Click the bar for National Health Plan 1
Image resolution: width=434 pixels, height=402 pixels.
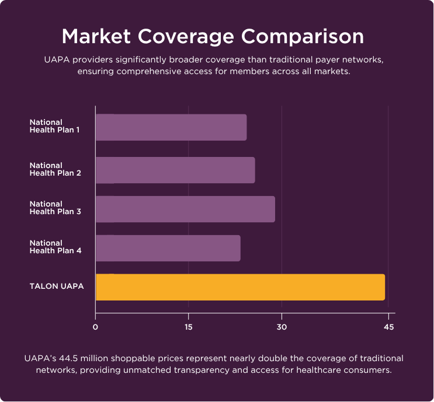click(x=171, y=127)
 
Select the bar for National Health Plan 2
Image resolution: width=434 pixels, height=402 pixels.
click(x=175, y=170)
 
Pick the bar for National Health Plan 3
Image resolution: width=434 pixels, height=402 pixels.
click(x=185, y=209)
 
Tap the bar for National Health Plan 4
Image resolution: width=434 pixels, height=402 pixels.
click(x=168, y=248)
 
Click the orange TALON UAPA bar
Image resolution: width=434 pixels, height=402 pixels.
click(x=240, y=287)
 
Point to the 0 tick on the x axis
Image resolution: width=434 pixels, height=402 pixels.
click(x=95, y=327)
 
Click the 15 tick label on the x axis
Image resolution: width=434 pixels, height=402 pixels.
click(x=188, y=327)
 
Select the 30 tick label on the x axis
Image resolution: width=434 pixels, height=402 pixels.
click(x=282, y=327)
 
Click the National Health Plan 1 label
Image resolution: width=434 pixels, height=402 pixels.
click(x=55, y=126)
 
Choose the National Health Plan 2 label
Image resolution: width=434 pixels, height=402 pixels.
click(x=55, y=169)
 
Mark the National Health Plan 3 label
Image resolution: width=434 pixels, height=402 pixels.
click(x=55, y=208)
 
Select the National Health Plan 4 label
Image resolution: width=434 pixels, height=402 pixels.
click(x=55, y=247)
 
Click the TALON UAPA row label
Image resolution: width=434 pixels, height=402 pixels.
click(x=57, y=286)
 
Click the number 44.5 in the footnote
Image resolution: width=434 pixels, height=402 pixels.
click(x=65, y=358)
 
